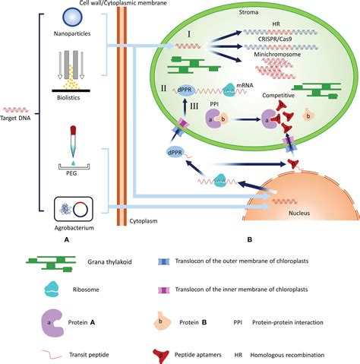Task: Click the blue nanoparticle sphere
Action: point(73,16)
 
